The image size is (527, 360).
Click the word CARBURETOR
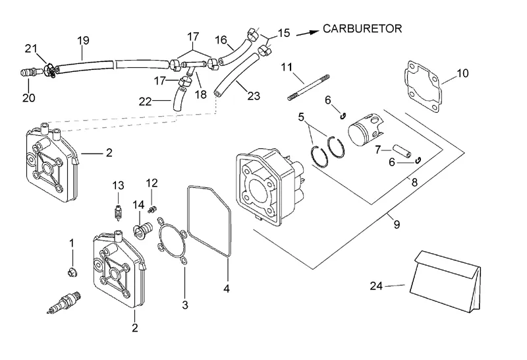click(x=362, y=29)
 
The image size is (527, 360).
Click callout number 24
click(x=375, y=285)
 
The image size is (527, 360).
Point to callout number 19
click(x=83, y=41)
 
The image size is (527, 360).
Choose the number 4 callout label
click(x=226, y=287)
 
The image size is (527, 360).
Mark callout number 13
click(x=118, y=185)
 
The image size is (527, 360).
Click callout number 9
click(x=397, y=225)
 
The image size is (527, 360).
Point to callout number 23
click(x=254, y=96)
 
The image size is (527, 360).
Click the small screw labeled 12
click(x=152, y=209)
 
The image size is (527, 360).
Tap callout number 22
click(x=146, y=101)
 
